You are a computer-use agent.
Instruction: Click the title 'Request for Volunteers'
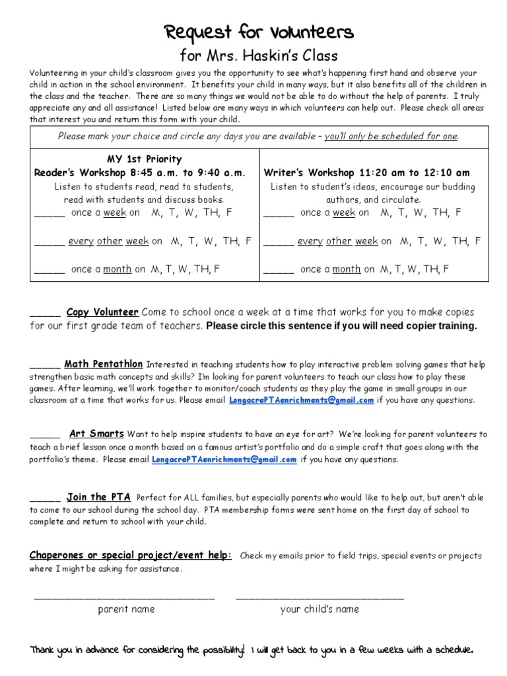pyautogui.click(x=259, y=31)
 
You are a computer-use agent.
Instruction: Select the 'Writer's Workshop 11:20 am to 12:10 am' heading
pyautogui.click(x=366, y=173)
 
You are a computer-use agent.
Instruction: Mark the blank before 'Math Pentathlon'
pyautogui.click(x=45, y=366)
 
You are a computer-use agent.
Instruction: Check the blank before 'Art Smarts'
pyautogui.click(x=45, y=436)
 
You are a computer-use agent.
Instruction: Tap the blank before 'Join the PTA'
pyautogui.click(x=45, y=499)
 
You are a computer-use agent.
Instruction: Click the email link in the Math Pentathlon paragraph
pyautogui.click(x=302, y=400)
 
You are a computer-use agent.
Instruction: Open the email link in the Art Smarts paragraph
pyautogui.click(x=224, y=459)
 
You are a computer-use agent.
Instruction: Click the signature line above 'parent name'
pyautogui.click(x=124, y=598)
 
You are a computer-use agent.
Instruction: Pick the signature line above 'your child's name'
pyautogui.click(x=320, y=598)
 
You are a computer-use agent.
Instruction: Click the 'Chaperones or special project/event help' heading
pyautogui.click(x=130, y=555)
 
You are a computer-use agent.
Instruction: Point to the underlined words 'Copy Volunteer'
pyautogui.click(x=102, y=312)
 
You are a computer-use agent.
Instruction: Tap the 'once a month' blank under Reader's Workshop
pyautogui.click(x=49, y=271)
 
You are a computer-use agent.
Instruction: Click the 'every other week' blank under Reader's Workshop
pyautogui.click(x=49, y=242)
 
